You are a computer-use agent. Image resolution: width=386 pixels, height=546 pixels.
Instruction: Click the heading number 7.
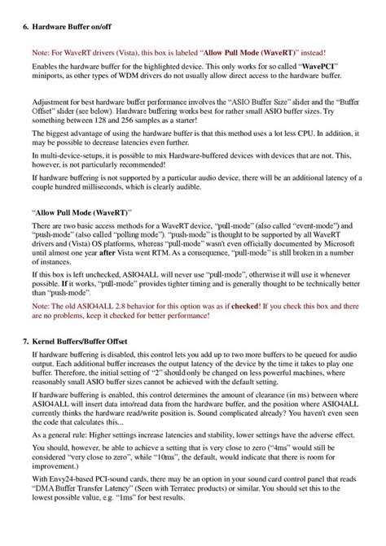pyautogui.click(x=23, y=337)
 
